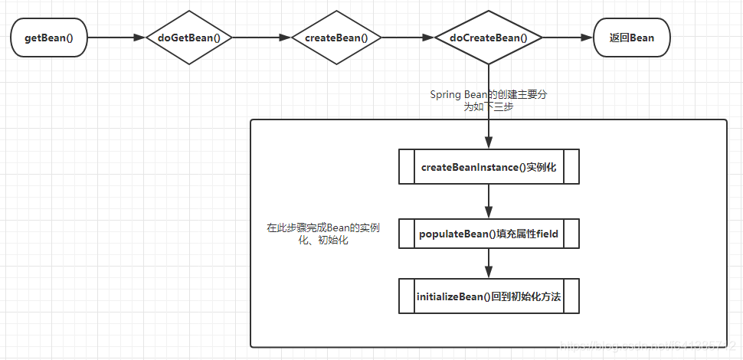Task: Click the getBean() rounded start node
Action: pos(48,37)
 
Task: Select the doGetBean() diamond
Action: pos(188,37)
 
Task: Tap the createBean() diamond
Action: pos(336,37)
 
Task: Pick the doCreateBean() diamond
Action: pos(488,37)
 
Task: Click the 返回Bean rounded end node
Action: pos(631,37)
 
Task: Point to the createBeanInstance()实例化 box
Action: pos(489,167)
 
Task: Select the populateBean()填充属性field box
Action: pos(489,234)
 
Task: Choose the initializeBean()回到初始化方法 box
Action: pos(489,296)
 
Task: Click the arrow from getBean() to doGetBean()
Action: pos(115,37)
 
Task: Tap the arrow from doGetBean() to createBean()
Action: pos(262,37)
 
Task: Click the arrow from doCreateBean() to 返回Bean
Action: pos(568,37)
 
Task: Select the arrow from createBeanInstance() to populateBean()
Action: pos(489,201)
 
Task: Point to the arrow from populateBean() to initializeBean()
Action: pos(489,265)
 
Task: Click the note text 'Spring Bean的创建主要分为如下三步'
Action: pos(487,101)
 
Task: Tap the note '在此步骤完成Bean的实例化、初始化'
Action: pos(323,234)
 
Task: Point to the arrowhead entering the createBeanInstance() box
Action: pos(489,143)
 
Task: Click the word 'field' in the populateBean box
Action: pos(545,234)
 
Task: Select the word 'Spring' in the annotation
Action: pos(446,95)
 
